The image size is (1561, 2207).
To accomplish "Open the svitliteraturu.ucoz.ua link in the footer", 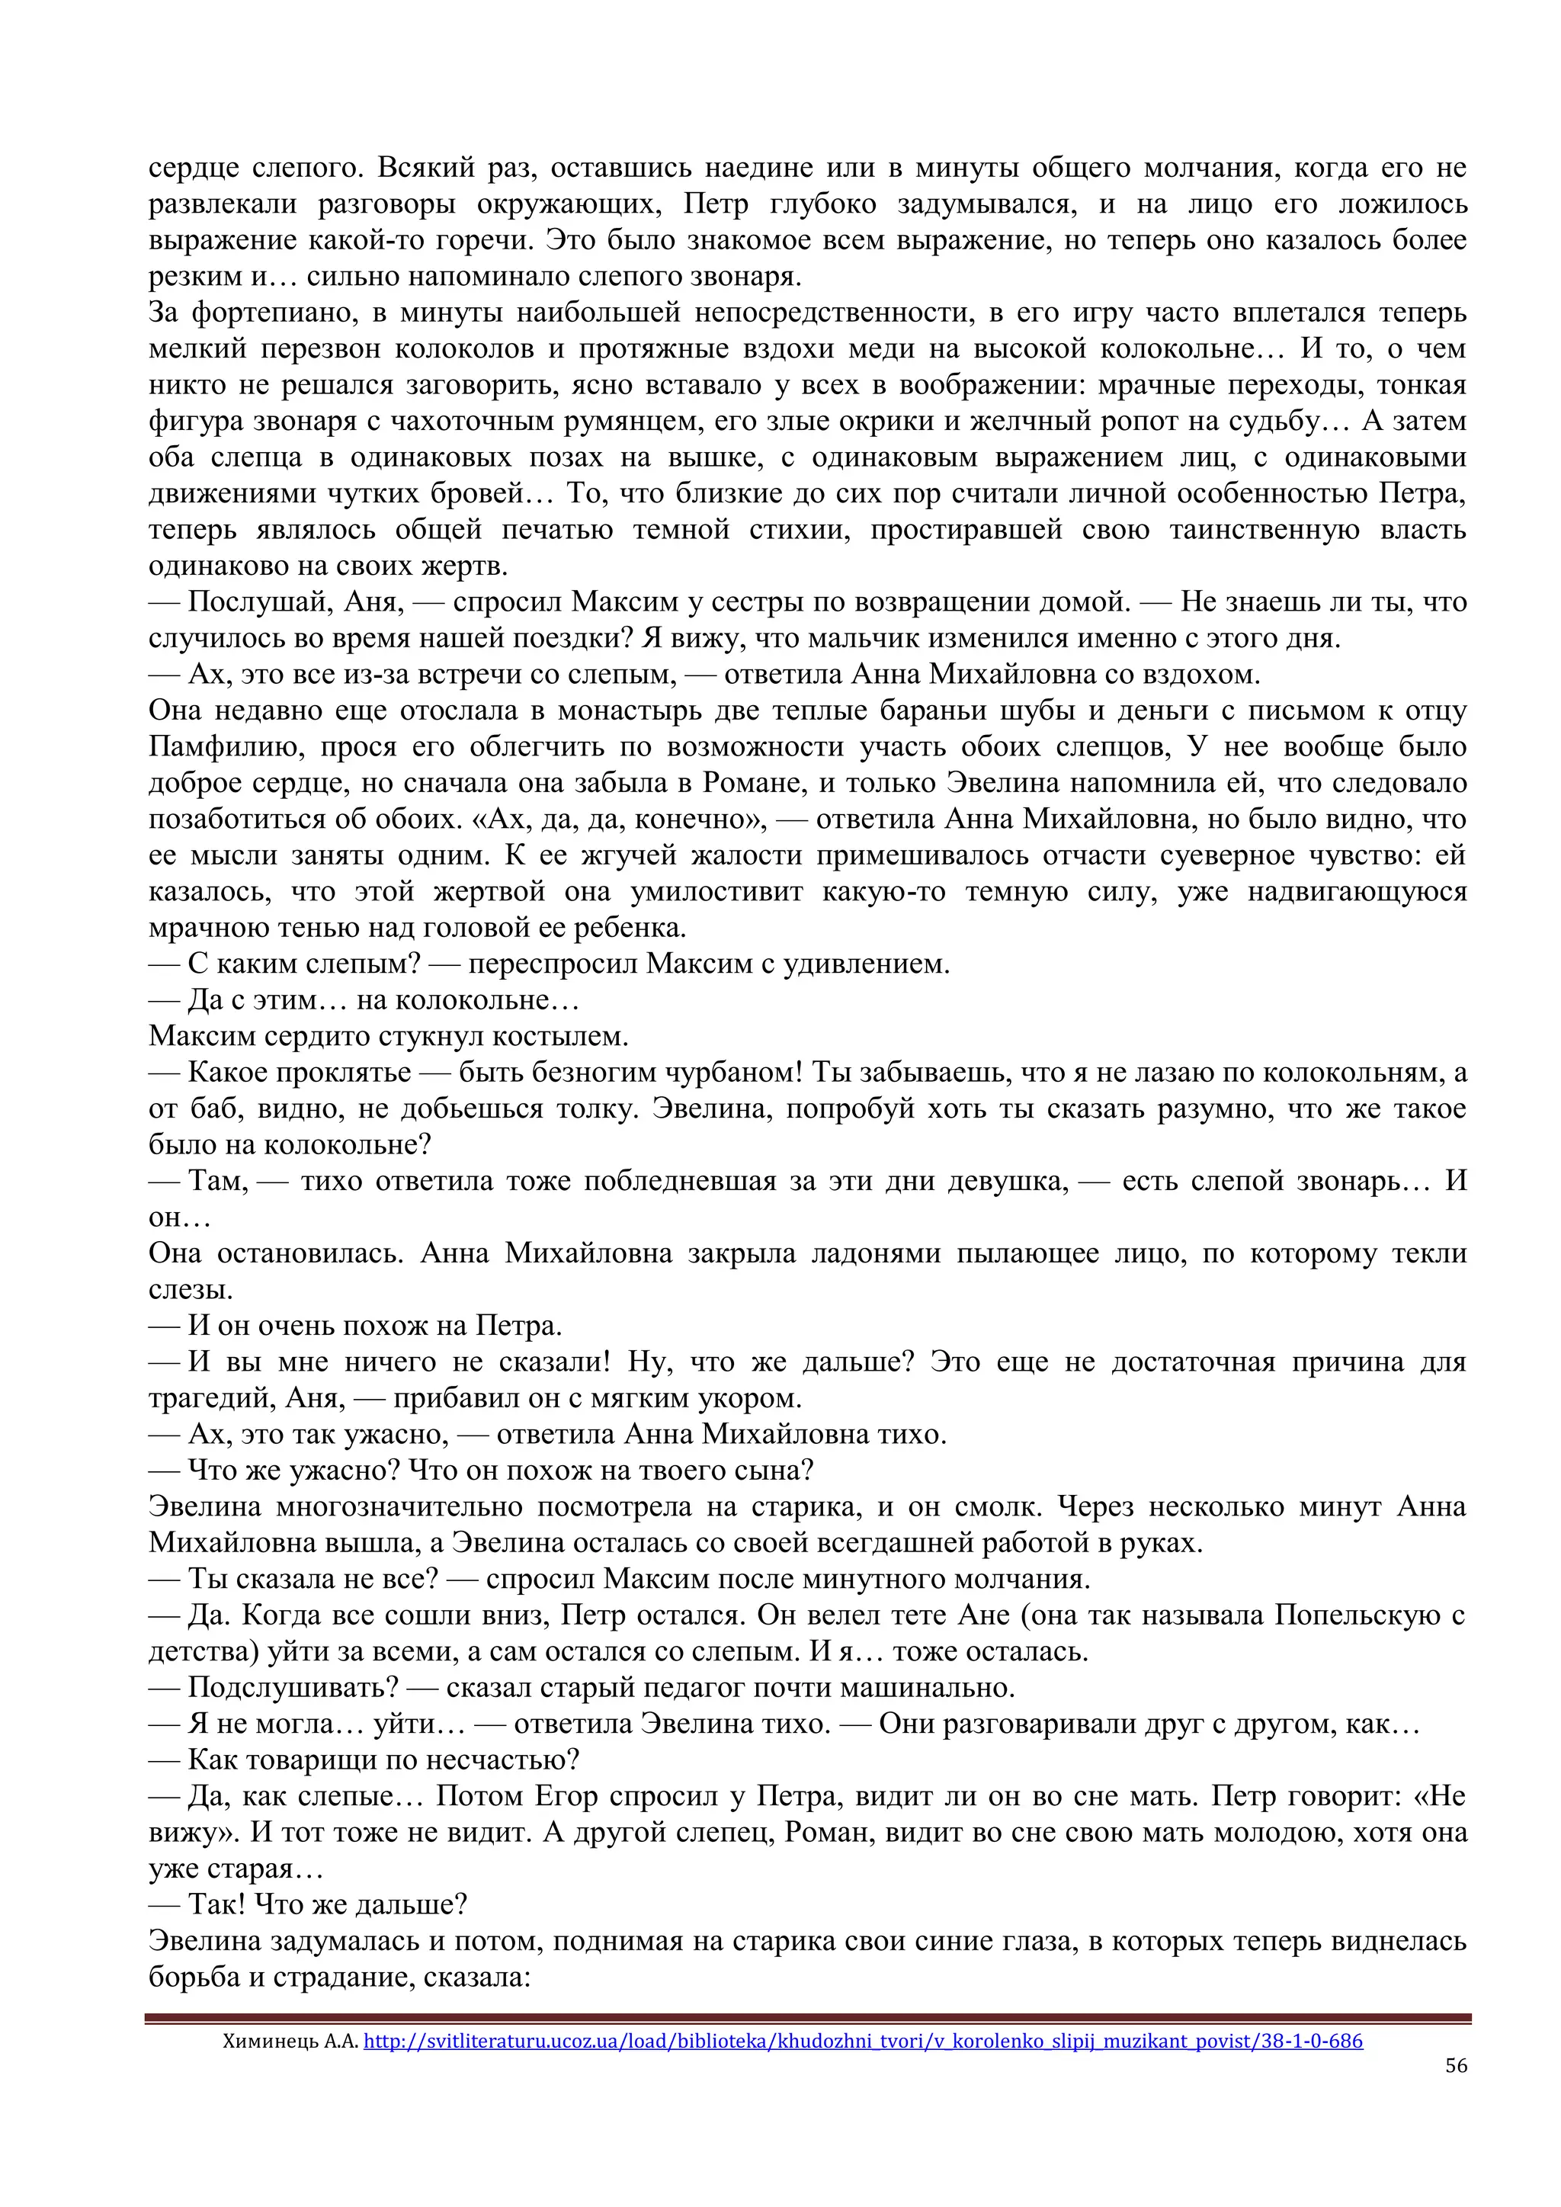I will point(862,2040).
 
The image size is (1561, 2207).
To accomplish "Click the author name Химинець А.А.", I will point(290,2040).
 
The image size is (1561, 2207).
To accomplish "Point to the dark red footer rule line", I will point(807,2019).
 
